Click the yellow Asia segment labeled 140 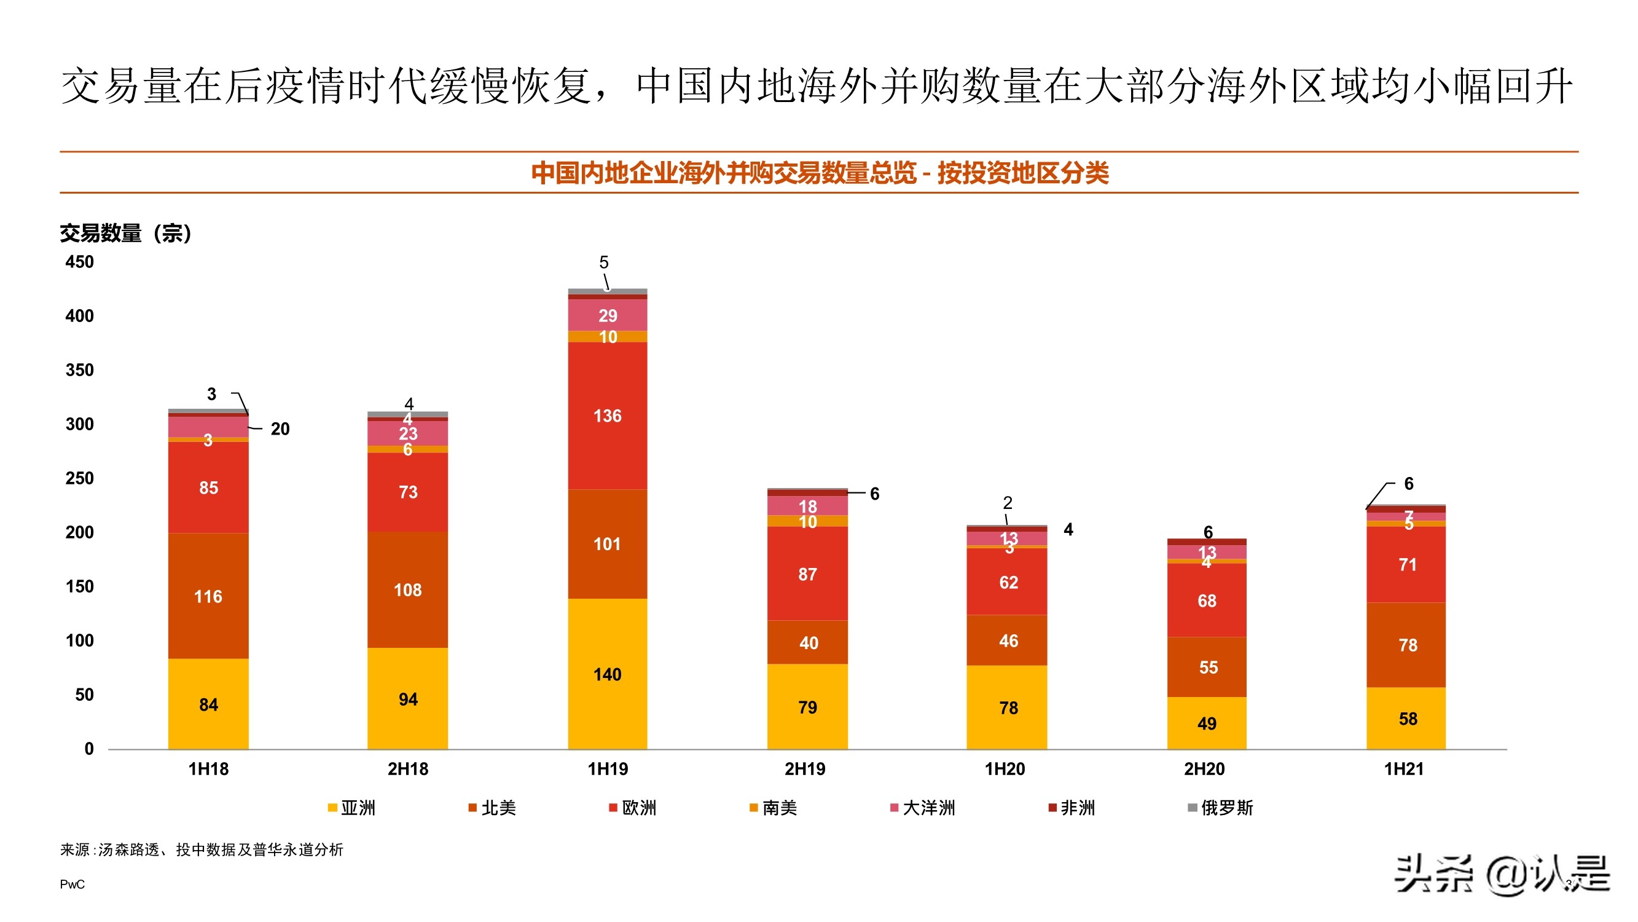(607, 674)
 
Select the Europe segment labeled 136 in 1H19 (607, 416)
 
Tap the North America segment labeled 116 (208, 596)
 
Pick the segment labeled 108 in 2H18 (407, 590)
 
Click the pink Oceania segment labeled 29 (607, 315)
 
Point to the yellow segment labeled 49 (1206, 723)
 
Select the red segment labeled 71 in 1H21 (1406, 564)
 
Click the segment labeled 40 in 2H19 (807, 643)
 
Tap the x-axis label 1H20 (1005, 769)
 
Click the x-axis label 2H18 (407, 769)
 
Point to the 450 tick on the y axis (79, 262)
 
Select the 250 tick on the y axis (79, 478)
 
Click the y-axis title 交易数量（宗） (126, 233)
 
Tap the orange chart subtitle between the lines (819, 173)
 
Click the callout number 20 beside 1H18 (280, 429)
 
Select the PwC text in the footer (72, 885)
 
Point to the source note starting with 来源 (202, 850)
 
